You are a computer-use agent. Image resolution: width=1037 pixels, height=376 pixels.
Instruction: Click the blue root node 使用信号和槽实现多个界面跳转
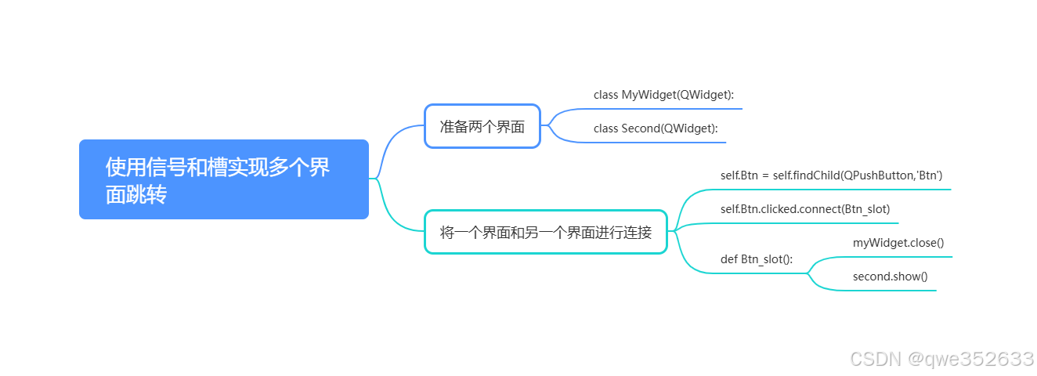click(223, 179)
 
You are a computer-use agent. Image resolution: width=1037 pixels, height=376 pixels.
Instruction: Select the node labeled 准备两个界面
click(482, 126)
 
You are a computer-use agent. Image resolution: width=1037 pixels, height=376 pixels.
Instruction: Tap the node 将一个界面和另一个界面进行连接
click(545, 232)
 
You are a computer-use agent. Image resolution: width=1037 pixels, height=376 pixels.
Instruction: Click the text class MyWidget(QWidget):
click(663, 95)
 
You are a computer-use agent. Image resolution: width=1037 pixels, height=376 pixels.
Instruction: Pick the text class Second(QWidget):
click(656, 128)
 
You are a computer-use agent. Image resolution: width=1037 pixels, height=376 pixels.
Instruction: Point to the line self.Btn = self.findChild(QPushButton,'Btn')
click(831, 175)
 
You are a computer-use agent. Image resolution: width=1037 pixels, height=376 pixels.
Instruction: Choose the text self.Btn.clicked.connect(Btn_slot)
click(804, 209)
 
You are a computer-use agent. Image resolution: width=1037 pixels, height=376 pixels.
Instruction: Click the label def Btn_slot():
click(756, 259)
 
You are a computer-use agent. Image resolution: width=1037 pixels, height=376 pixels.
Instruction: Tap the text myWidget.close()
click(898, 243)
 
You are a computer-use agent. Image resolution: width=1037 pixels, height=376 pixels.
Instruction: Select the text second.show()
click(890, 277)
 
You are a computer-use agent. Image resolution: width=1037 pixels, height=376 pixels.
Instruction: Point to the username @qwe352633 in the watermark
click(970, 359)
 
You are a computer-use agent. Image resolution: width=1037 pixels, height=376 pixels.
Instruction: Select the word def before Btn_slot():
click(729, 259)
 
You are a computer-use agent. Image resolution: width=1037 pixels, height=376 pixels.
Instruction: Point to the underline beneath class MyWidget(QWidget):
click(666, 109)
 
